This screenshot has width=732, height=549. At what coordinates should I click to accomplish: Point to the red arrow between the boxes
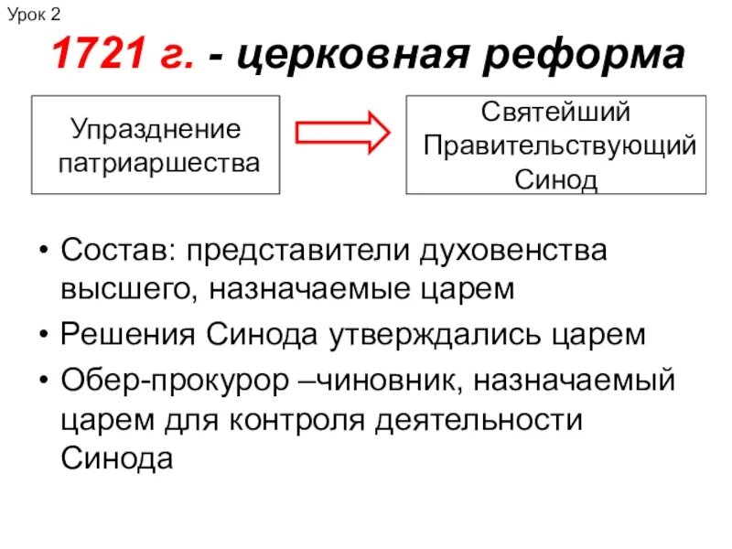(x=343, y=132)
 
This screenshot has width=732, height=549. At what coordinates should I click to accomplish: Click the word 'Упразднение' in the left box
(x=156, y=128)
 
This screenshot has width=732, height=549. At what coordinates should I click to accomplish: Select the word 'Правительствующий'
(x=560, y=146)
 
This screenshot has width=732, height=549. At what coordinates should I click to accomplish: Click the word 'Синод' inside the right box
(x=555, y=179)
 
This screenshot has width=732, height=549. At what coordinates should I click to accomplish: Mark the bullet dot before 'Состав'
(x=44, y=251)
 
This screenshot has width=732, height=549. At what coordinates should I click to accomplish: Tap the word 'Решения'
(x=127, y=334)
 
